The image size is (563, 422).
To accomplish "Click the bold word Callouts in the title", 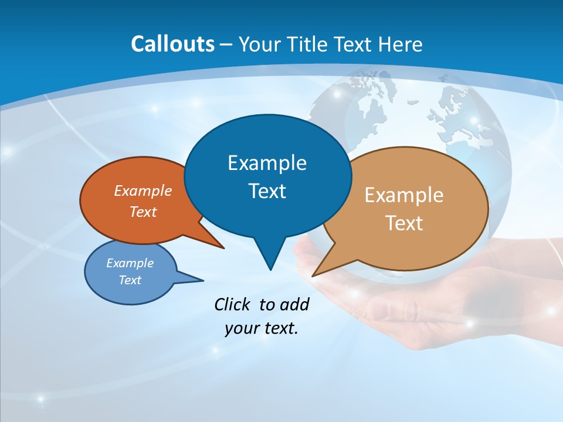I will coord(172,45).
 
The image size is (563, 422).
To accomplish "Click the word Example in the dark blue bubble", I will coord(267,163).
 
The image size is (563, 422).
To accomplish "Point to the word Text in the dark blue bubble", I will coord(267,191).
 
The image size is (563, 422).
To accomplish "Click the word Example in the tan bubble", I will coord(404,195).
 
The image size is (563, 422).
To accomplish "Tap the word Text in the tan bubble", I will coord(404,223).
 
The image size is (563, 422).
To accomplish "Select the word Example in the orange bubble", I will coord(143,190).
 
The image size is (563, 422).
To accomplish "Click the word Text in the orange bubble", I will coord(143,212).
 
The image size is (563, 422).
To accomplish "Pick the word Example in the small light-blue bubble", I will coord(130,263).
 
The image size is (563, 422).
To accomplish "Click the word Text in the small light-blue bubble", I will coord(130,280).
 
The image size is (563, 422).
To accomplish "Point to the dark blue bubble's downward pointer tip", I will coord(270,269).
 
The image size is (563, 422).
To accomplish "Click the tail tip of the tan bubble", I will coord(314,275).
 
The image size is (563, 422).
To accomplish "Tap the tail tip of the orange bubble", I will coord(223,248).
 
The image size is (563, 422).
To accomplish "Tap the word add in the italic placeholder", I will coord(294,304).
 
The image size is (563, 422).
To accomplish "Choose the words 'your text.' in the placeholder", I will coord(262,328).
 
